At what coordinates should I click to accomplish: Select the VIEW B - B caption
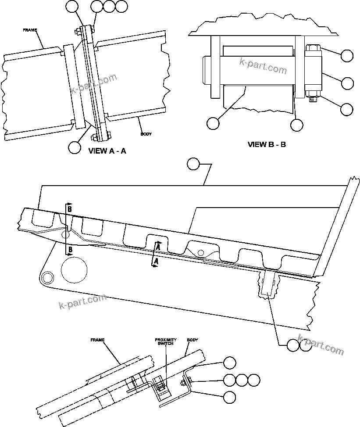point(267,144)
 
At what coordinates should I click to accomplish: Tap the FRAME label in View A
point(30,31)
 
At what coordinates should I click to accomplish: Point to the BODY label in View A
point(146,134)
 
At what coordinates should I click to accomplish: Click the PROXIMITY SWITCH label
point(166,342)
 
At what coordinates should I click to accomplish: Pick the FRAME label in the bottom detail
point(97,340)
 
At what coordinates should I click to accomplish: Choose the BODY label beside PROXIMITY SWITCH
point(192,340)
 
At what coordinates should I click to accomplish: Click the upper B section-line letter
point(69,209)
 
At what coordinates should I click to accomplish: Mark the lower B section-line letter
point(69,251)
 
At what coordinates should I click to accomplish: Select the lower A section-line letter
point(155,262)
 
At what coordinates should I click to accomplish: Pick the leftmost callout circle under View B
point(213,123)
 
